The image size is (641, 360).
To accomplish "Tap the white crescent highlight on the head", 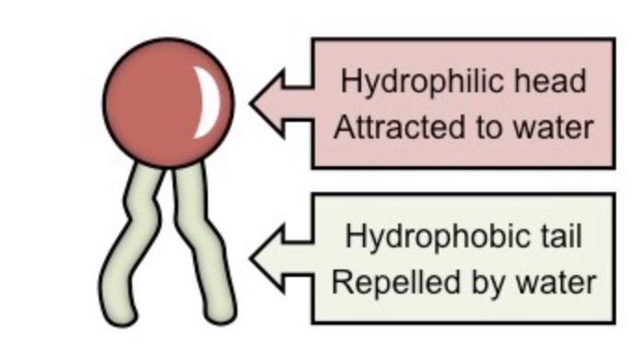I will [x=211, y=103].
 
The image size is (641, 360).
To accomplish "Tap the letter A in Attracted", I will [x=343, y=126].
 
